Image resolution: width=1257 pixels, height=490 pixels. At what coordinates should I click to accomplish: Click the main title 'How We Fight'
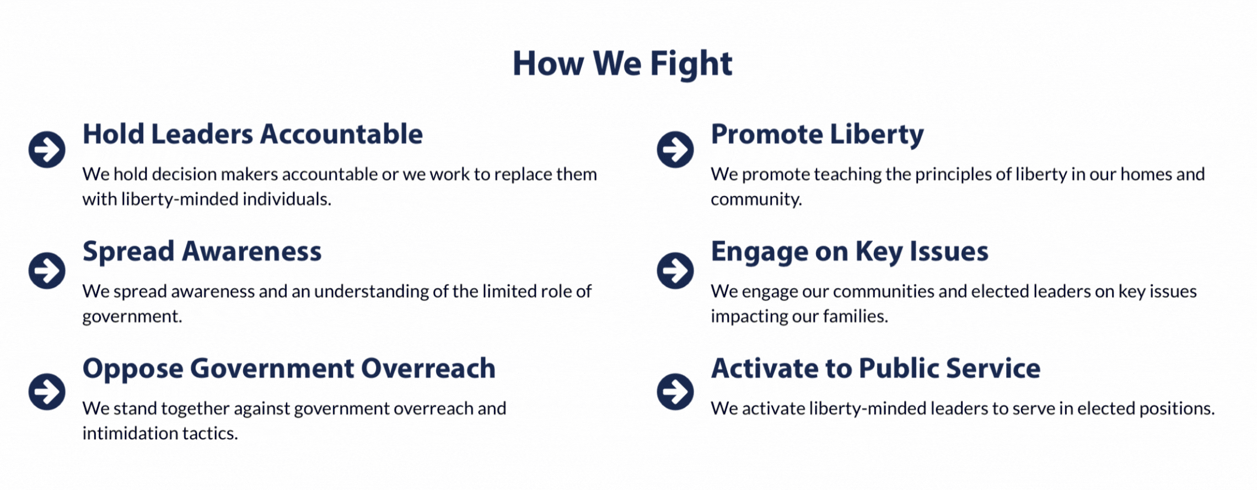[622, 65]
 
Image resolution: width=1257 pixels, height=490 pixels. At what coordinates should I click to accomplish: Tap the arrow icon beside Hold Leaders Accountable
[47, 149]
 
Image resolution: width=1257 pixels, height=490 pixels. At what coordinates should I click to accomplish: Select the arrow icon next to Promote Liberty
[675, 149]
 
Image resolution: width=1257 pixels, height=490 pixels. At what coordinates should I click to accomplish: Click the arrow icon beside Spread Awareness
[47, 270]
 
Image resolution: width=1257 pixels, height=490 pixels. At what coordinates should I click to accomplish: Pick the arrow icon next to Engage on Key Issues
[675, 270]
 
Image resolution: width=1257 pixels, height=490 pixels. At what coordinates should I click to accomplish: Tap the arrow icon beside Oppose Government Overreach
[47, 392]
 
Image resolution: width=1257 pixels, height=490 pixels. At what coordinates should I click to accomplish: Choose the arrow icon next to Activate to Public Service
[675, 392]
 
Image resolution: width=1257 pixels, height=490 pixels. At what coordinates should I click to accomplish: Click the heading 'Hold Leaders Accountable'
[253, 134]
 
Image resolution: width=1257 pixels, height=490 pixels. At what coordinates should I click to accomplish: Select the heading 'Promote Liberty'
[817, 135]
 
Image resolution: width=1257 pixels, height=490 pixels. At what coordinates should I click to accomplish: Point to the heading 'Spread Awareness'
[202, 252]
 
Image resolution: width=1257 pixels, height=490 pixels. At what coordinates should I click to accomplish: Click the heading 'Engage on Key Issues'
[850, 252]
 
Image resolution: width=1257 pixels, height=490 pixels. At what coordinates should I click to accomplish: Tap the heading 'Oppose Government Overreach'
[289, 369]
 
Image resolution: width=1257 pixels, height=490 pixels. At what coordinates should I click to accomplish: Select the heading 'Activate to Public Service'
[875, 368]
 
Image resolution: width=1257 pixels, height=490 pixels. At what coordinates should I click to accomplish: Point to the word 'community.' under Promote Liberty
[756, 200]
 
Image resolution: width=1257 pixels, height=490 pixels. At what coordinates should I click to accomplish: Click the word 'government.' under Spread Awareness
[132, 317]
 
